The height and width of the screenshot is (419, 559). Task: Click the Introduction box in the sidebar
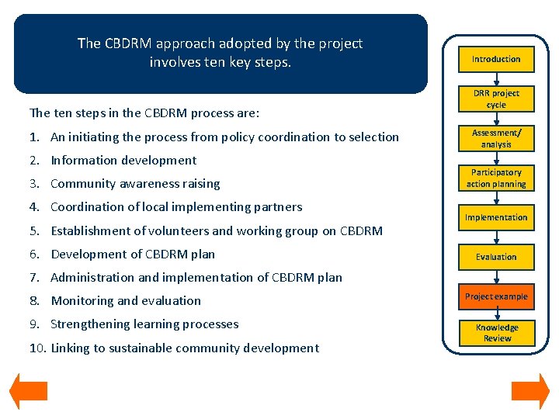(x=496, y=59)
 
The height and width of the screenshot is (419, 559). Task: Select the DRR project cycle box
(x=496, y=99)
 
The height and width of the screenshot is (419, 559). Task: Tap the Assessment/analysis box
(x=496, y=138)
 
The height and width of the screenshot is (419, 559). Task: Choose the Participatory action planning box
(x=496, y=178)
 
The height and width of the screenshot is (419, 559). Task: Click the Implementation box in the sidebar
(x=496, y=217)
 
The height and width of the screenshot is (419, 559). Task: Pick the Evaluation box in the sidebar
(x=496, y=257)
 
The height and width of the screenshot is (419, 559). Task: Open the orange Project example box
(x=496, y=296)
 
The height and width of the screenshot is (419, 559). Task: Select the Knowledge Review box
(x=496, y=333)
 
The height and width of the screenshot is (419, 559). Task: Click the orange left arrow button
(x=28, y=391)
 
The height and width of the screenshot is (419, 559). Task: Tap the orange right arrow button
(x=530, y=391)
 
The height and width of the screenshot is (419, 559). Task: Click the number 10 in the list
(x=36, y=348)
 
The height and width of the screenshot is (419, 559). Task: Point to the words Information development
(x=123, y=161)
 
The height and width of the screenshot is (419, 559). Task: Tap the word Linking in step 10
(x=69, y=348)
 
